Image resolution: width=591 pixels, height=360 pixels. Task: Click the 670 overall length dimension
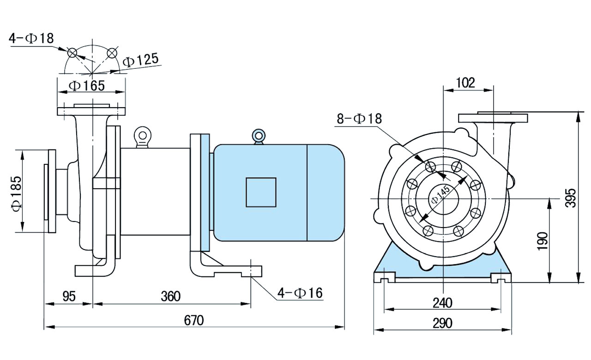(194, 320)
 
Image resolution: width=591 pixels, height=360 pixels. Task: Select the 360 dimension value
(170, 296)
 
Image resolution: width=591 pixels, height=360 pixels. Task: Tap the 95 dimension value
(69, 296)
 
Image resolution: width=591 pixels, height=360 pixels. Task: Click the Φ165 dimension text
(86, 85)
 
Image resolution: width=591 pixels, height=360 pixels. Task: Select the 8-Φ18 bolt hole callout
(360, 119)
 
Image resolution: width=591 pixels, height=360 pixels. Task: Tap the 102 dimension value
(465, 83)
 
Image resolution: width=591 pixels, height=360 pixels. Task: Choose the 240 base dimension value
(443, 303)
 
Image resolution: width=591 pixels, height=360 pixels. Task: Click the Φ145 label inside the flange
(440, 196)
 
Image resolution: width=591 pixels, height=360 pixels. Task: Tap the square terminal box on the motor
(261, 192)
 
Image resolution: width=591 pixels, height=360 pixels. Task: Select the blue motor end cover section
(326, 192)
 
